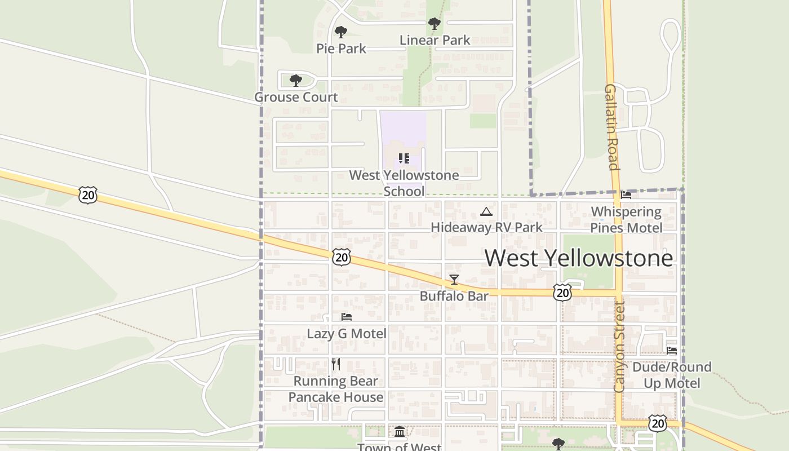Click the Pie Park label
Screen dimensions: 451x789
[x=341, y=48]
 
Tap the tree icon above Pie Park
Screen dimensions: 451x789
[x=340, y=32]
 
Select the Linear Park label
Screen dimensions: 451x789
[x=435, y=40]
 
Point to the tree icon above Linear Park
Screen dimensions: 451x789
[x=434, y=24]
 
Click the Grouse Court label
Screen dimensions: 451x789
[x=296, y=97]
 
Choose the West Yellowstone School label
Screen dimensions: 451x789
[x=404, y=183]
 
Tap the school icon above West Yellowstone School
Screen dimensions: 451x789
[x=404, y=158]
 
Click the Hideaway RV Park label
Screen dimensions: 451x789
[x=486, y=227]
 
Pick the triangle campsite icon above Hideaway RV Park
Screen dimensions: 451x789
[x=486, y=211]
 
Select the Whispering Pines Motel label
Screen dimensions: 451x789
[x=626, y=220]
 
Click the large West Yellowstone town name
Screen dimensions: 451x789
[x=579, y=258]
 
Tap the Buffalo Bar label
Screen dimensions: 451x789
[x=454, y=296]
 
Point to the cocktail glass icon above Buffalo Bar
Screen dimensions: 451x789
[x=454, y=280]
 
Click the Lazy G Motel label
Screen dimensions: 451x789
[x=347, y=333]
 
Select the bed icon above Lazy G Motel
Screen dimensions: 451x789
[x=347, y=317]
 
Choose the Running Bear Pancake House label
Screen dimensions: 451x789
[x=336, y=389]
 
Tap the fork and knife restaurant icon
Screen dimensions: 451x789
[x=336, y=364]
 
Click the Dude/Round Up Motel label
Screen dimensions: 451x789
[x=672, y=375]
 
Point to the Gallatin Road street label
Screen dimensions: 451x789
[x=612, y=127]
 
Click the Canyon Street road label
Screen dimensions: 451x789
[x=619, y=347]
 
